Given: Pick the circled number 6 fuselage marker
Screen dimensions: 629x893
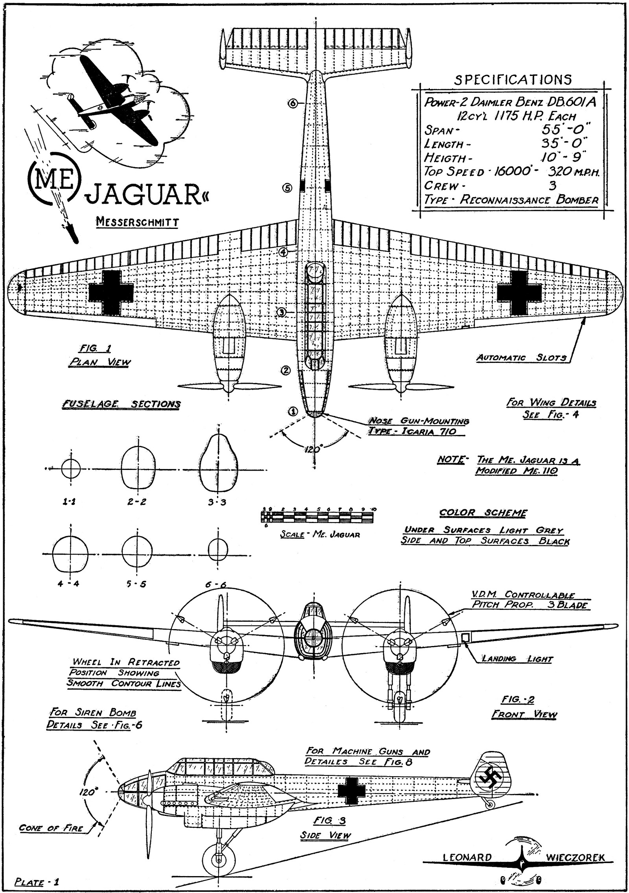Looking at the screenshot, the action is click(x=293, y=103).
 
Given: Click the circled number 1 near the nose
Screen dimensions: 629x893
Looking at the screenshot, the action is click(x=293, y=412).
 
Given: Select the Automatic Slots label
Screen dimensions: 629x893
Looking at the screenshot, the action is click(x=521, y=358).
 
